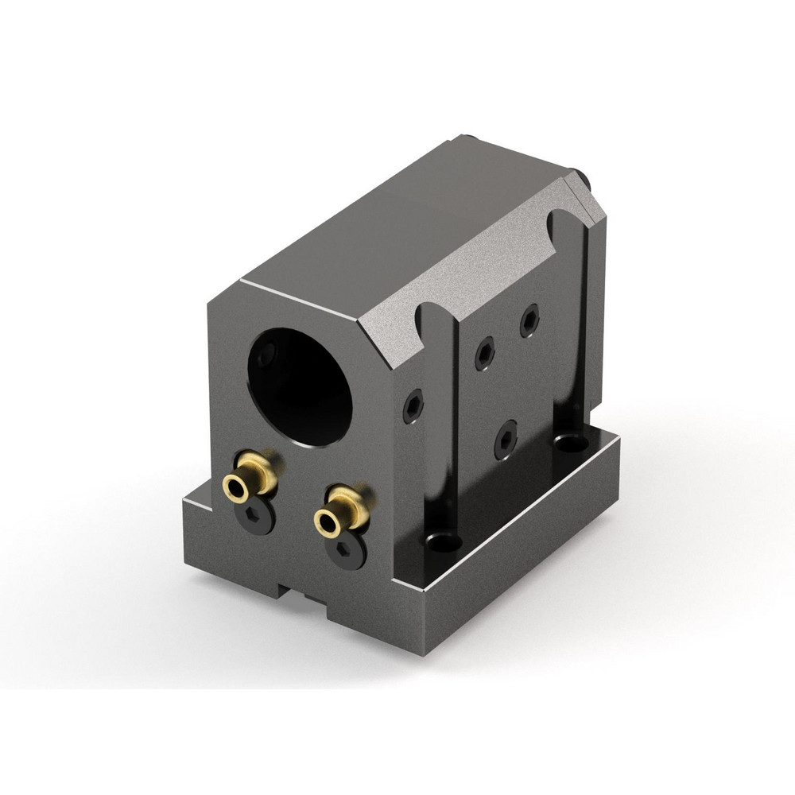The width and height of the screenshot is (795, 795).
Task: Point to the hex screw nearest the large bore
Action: tap(413, 406)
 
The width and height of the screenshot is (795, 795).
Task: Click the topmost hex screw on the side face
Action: tap(529, 320)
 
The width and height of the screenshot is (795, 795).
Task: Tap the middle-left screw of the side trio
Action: tap(485, 354)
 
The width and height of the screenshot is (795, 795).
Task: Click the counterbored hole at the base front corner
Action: tap(443, 544)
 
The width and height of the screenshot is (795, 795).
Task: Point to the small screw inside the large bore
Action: tap(268, 352)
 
